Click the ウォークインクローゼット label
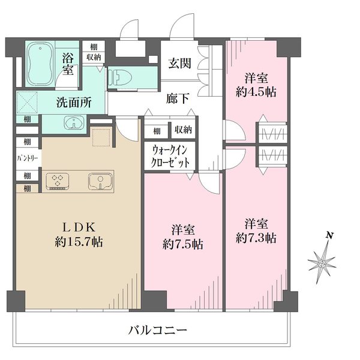click(170, 157)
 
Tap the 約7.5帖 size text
click(182, 244)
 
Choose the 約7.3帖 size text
click(256, 238)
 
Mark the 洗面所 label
click(74, 102)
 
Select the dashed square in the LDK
click(103, 137)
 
